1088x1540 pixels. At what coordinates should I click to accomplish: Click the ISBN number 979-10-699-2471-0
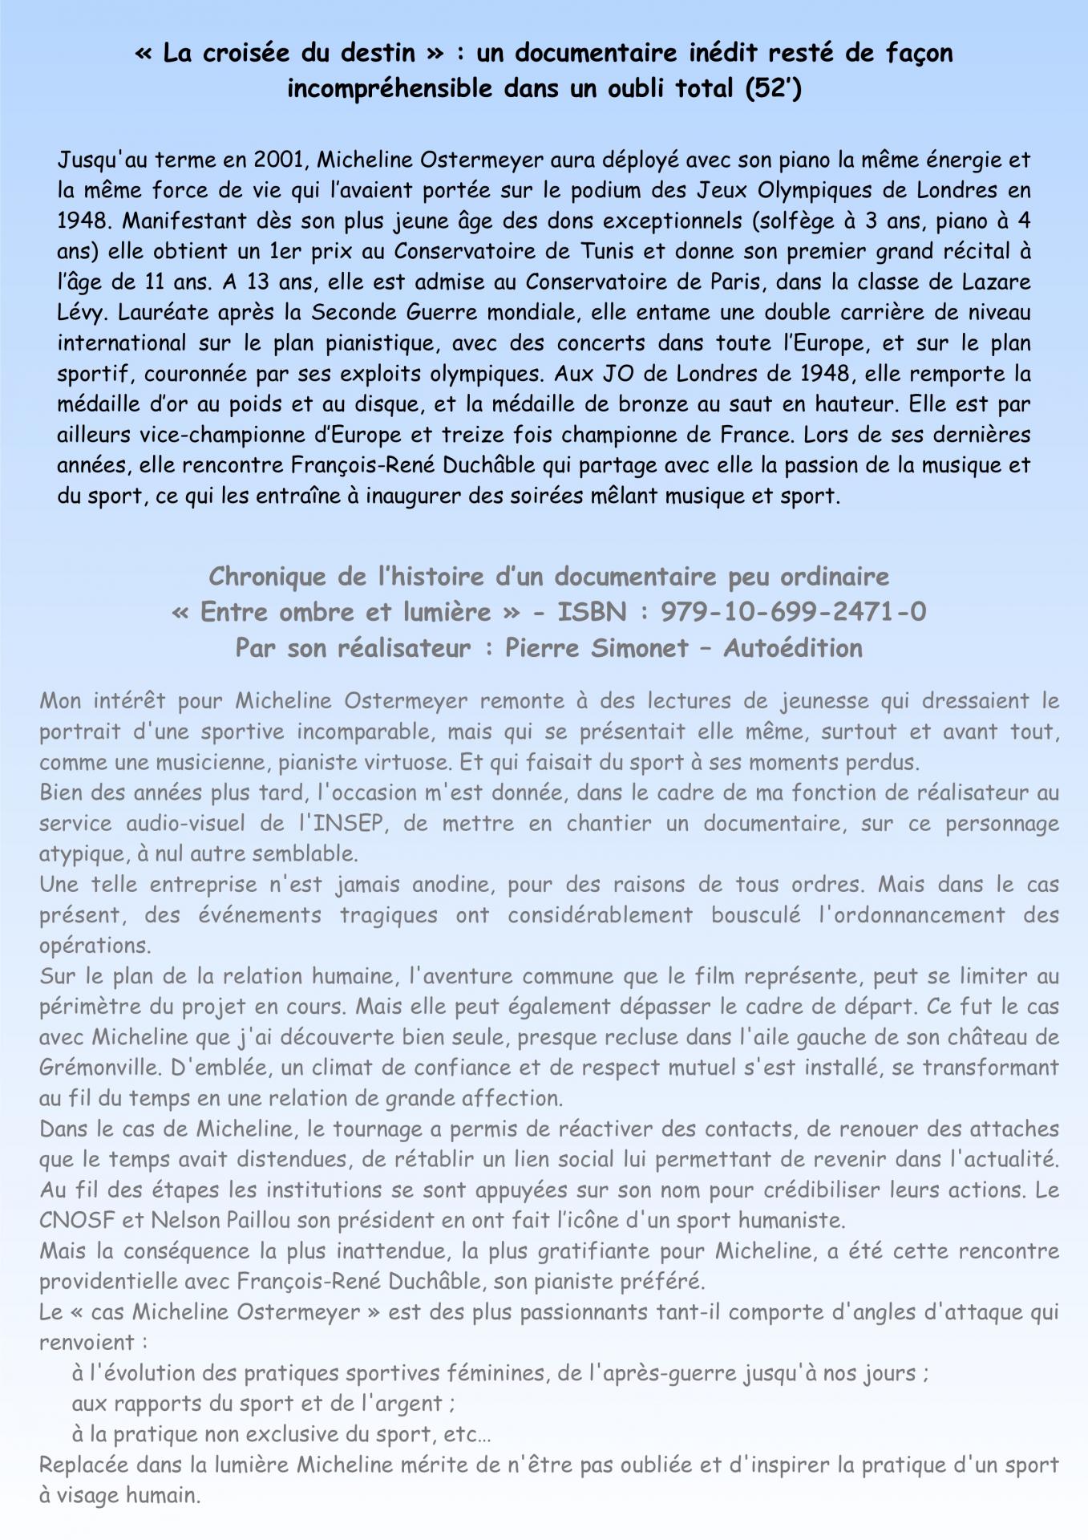point(793,612)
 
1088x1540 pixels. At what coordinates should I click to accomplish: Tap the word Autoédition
point(793,648)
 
